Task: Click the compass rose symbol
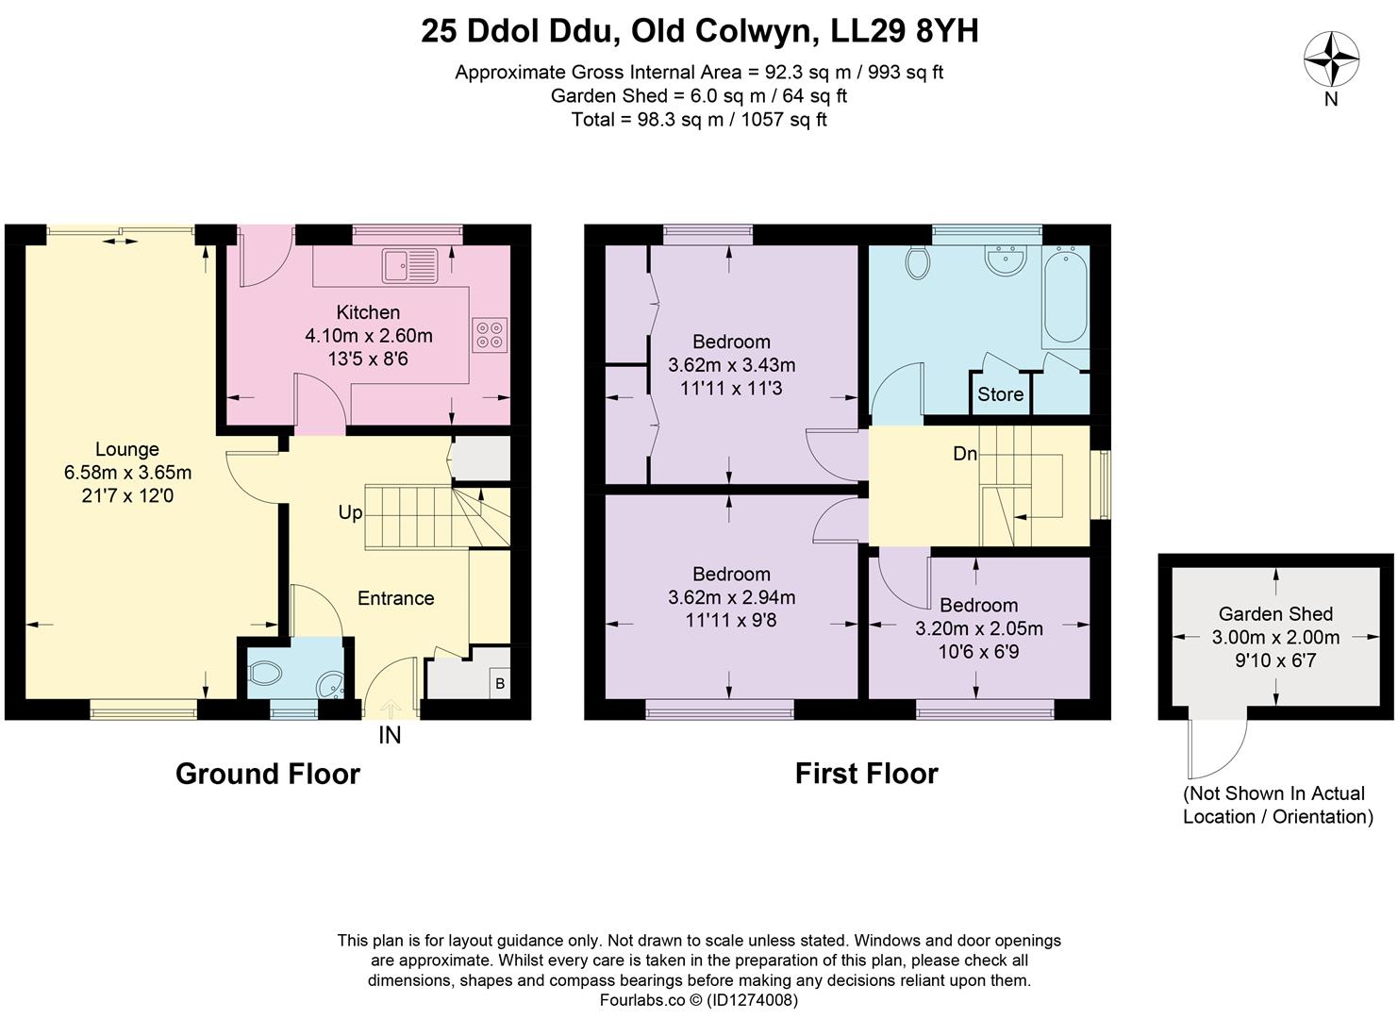click(1331, 61)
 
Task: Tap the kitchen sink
click(411, 265)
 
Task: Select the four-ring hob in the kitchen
click(490, 335)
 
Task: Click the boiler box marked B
click(500, 684)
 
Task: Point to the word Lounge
click(127, 449)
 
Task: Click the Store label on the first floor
click(1001, 394)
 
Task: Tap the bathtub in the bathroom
click(1065, 297)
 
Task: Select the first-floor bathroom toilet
click(918, 262)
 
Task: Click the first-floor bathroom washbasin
click(1006, 259)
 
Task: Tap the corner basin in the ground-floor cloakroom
click(329, 685)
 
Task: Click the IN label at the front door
click(390, 736)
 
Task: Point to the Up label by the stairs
click(350, 513)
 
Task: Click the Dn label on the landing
click(965, 453)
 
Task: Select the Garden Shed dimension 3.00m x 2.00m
click(1275, 637)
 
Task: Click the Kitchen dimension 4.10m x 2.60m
click(368, 335)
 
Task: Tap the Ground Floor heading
click(268, 774)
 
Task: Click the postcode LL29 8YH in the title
click(905, 31)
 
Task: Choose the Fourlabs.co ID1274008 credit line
click(699, 1000)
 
